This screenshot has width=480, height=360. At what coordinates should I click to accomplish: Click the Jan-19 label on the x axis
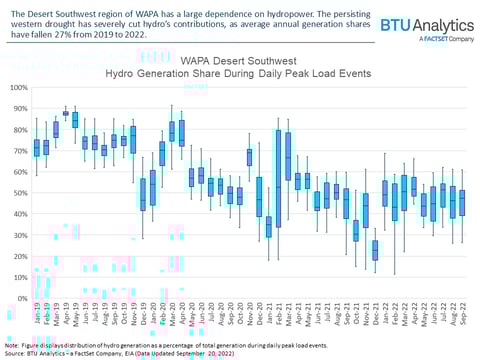pos(37,318)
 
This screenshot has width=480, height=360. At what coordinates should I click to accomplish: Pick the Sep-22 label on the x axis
pos(461,318)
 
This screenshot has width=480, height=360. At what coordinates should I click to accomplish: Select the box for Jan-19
pos(37,148)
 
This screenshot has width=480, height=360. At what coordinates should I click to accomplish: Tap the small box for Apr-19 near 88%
pos(66,113)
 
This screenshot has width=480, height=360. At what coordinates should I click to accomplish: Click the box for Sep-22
pos(461,203)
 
